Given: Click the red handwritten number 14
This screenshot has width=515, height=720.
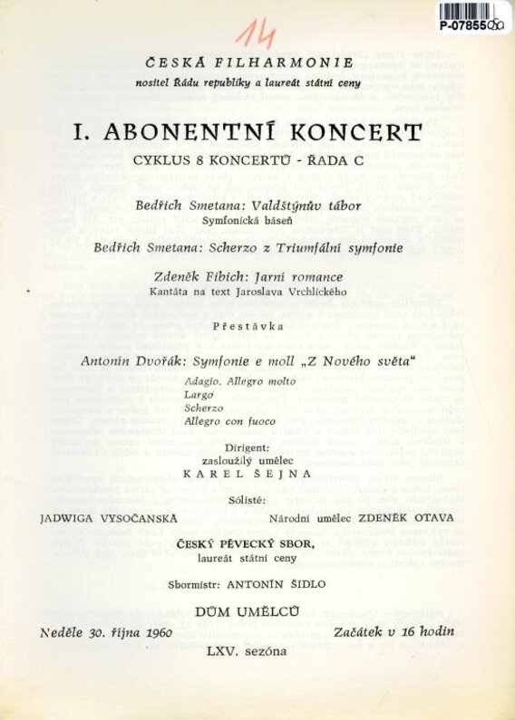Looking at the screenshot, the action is (257, 34).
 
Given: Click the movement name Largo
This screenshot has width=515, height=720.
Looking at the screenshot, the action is (198, 396).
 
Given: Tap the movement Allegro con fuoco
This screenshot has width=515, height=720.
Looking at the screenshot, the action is (226, 421).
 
